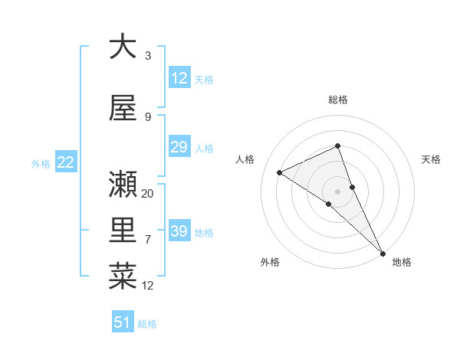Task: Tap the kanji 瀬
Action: (x=123, y=184)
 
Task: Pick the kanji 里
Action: (x=123, y=230)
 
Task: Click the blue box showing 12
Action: (x=179, y=78)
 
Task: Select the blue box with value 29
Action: (x=179, y=147)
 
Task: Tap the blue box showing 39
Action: (x=179, y=231)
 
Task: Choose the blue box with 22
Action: (x=65, y=162)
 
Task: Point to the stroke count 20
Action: (x=148, y=194)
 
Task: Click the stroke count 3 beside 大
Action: (x=148, y=56)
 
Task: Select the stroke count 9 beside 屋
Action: (x=148, y=117)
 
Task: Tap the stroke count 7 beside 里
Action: (x=148, y=240)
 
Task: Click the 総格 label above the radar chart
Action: (x=338, y=100)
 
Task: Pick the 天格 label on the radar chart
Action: (x=432, y=159)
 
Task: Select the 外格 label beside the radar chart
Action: (x=270, y=262)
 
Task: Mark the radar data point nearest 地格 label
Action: (x=382, y=252)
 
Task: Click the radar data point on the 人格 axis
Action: (x=279, y=172)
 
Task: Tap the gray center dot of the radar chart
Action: (x=337, y=191)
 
